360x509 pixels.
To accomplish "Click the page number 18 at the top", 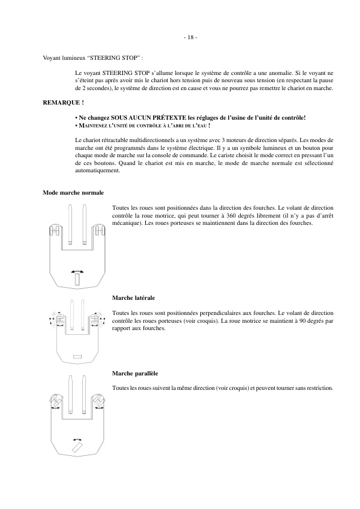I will pyautogui.click(x=190, y=37).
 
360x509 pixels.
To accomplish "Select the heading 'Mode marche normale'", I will pyautogui.click(x=73, y=193).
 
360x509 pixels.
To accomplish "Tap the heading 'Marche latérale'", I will pyautogui.click(x=133, y=298).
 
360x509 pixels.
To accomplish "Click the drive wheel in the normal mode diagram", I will pyautogui.click(x=76, y=279).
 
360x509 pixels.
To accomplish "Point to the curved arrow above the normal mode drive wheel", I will pyautogui.click(x=76, y=270).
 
